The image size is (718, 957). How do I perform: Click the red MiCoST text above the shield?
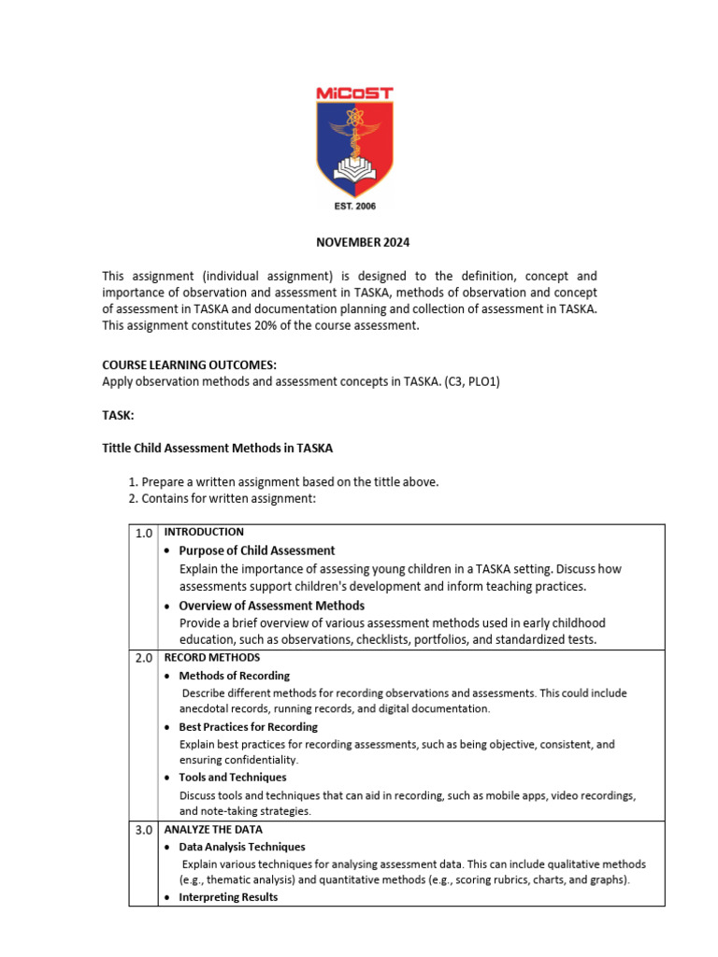[353, 93]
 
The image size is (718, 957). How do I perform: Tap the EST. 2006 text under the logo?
[354, 207]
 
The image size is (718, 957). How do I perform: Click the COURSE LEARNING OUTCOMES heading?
[190, 365]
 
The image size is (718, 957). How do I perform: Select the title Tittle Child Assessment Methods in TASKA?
[217, 449]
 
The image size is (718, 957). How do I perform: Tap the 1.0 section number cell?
[143, 534]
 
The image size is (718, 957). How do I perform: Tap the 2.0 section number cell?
[143, 659]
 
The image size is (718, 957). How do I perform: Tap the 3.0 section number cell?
[143, 830]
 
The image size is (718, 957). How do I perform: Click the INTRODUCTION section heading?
[204, 533]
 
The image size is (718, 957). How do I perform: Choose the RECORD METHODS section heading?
[212, 658]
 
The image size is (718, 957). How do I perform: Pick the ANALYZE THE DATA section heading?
[213, 829]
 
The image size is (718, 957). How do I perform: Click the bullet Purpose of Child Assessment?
[256, 550]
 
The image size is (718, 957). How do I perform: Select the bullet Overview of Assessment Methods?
[271, 606]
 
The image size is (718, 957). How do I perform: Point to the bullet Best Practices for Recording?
[248, 727]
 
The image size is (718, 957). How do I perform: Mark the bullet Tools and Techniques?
[232, 778]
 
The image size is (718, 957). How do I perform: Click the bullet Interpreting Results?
[228, 897]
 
